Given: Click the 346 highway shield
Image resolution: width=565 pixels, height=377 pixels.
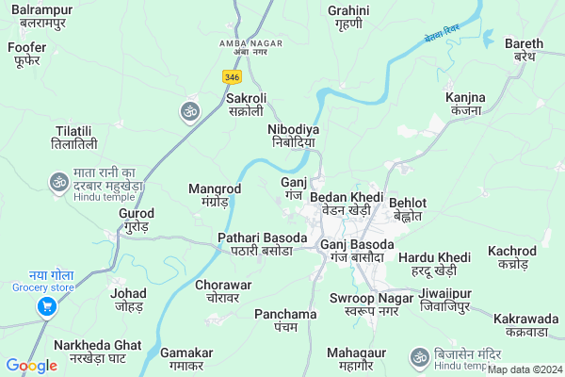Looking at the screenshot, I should (x=232, y=74).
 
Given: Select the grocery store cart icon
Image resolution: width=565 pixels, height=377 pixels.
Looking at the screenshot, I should (x=45, y=306).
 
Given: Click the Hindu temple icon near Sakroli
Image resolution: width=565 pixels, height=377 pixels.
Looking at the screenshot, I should (x=189, y=111).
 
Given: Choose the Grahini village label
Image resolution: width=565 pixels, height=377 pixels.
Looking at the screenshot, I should (x=348, y=17).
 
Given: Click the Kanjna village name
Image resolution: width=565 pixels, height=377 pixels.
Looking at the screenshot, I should (x=465, y=103).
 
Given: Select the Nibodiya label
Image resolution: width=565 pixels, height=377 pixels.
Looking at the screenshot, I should (x=293, y=135).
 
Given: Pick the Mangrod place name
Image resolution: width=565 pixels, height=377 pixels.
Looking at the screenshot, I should (x=215, y=195).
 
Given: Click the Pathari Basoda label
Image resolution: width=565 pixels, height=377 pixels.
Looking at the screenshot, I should (x=262, y=243).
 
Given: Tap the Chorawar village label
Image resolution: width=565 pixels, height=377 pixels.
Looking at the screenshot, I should (x=223, y=290).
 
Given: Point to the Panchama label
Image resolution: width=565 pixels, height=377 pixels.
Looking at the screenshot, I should (x=285, y=320).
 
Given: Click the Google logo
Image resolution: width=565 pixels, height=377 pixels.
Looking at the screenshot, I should (x=31, y=366).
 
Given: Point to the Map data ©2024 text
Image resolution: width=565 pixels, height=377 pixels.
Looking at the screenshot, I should (x=524, y=370).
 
